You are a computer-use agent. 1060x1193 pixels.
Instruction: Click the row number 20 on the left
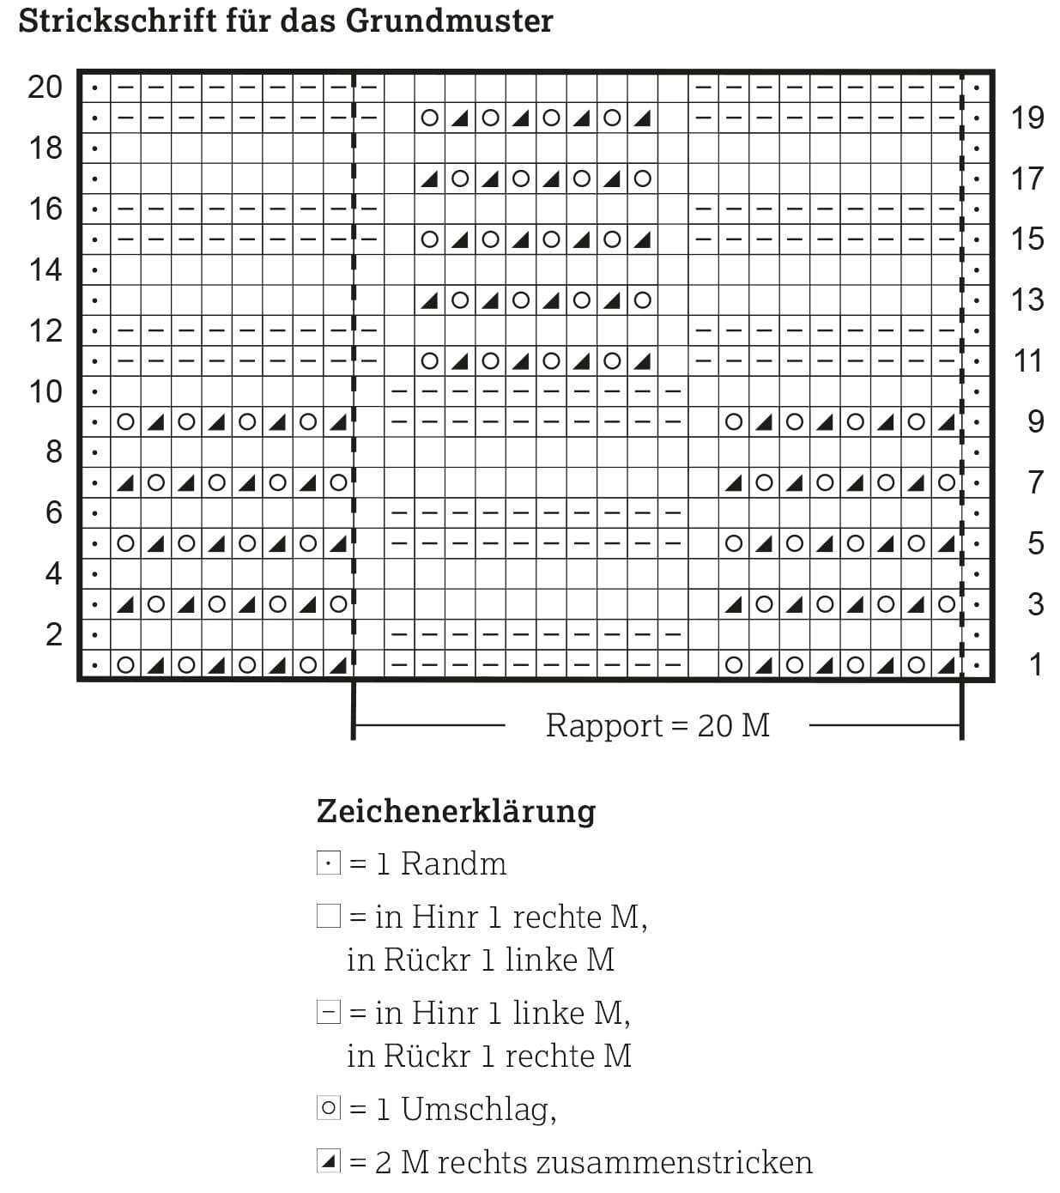(45, 87)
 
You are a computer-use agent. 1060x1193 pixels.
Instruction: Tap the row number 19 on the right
(1027, 118)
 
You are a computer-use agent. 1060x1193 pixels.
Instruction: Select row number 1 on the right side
(1035, 664)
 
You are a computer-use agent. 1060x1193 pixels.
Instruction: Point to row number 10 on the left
(45, 391)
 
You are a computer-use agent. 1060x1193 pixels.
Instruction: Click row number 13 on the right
(1027, 300)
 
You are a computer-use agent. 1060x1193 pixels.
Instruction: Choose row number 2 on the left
(53, 634)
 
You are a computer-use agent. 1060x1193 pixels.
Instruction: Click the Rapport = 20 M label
(657, 726)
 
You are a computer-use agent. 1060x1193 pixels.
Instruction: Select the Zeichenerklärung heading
(456, 811)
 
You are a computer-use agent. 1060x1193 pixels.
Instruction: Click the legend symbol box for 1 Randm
(329, 863)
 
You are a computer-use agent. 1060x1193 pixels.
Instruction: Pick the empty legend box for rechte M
(329, 917)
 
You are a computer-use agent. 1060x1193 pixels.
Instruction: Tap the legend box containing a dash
(329, 1013)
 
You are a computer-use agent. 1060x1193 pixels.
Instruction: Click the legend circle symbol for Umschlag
(329, 1108)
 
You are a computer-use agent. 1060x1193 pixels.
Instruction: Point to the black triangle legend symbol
(329, 1162)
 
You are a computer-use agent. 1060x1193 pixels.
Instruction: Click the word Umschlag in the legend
(478, 1110)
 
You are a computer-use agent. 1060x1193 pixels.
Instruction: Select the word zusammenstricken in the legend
(674, 1162)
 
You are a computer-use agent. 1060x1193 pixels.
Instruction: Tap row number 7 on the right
(1035, 482)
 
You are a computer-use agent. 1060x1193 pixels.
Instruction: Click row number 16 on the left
(45, 209)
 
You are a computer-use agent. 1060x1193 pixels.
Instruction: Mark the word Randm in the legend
(453, 863)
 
